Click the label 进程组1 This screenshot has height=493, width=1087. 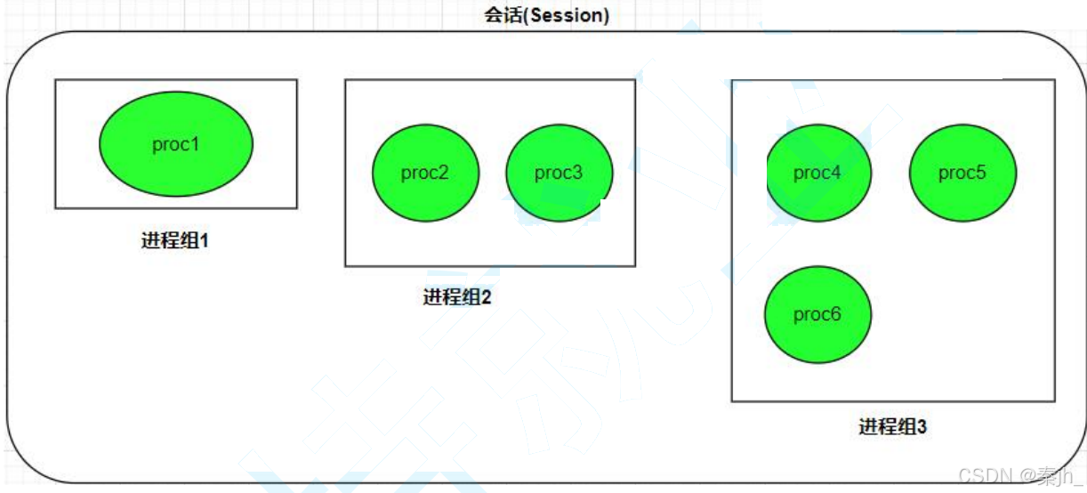[x=174, y=240]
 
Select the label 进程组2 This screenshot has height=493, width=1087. [x=456, y=297]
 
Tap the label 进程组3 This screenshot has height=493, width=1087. [x=892, y=427]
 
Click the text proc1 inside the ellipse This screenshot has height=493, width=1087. [x=176, y=144]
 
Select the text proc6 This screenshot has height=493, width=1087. [x=817, y=314]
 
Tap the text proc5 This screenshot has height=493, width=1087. [x=962, y=173]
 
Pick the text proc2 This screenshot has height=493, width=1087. [x=425, y=173]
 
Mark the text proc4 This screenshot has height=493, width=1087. [x=817, y=173]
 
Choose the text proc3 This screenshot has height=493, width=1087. [x=559, y=173]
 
